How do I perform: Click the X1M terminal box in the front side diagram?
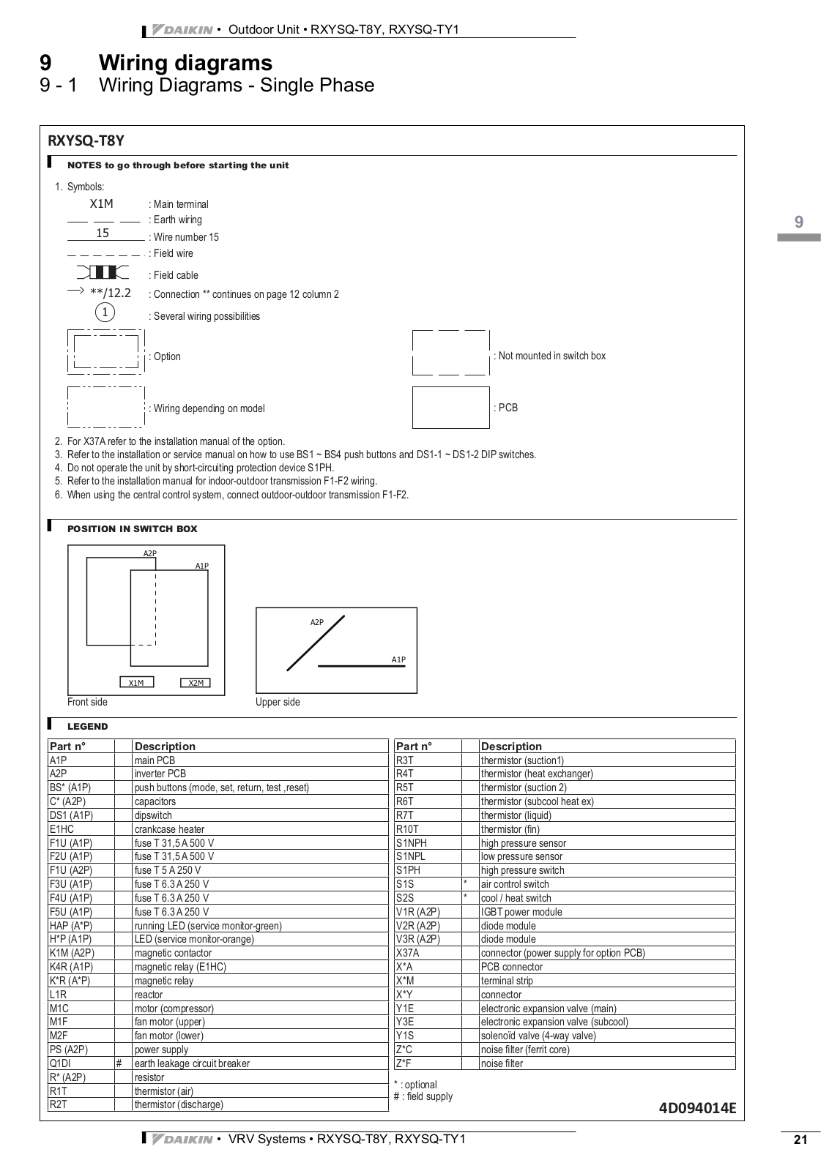(136, 683)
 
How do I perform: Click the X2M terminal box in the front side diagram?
(196, 683)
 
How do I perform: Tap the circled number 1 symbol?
(105, 313)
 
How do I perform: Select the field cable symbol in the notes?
(102, 273)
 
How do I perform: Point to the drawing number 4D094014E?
(696, 1107)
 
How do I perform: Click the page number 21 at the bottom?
(800, 1140)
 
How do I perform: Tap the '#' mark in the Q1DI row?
(119, 1063)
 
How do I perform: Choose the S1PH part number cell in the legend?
(408, 870)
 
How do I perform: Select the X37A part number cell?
(408, 953)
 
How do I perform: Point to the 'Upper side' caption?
(278, 702)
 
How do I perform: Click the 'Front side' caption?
(87, 702)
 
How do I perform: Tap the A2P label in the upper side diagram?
(316, 622)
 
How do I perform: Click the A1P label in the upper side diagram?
(398, 659)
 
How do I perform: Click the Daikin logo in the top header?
(182, 30)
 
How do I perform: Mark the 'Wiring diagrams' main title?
(185, 63)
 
